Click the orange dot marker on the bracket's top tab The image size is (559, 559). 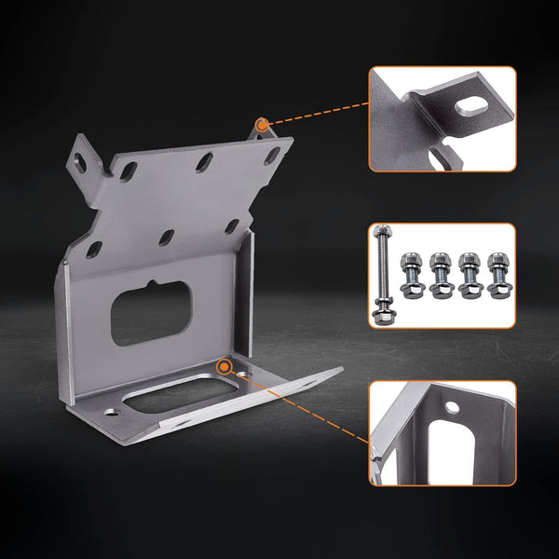[263, 123]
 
